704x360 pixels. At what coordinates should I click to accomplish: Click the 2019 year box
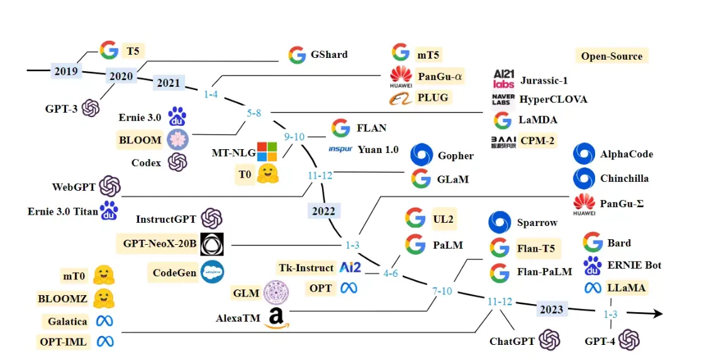coord(65,70)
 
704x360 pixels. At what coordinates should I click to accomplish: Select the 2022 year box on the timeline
coord(324,211)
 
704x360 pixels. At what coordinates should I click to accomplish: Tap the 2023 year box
coord(551,310)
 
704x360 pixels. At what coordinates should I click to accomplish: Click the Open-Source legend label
coord(612,56)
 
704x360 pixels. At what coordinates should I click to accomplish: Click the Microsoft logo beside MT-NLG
coord(267,152)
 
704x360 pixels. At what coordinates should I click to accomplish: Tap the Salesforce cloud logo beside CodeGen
coord(213,273)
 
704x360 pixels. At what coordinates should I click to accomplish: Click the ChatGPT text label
coord(512,342)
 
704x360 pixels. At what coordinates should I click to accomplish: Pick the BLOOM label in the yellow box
coord(140,140)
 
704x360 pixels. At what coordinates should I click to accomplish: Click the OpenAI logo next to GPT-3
coord(91,108)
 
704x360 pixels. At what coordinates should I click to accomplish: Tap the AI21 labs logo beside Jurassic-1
coord(504,79)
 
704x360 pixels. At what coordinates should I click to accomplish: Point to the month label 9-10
coord(294,137)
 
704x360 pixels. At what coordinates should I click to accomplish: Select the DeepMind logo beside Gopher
coord(422,155)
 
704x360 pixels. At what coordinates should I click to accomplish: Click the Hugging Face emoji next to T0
coord(268,174)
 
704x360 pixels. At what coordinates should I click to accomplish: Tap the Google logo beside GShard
coord(297,55)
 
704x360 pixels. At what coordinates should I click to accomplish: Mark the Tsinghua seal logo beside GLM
coord(276,293)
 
